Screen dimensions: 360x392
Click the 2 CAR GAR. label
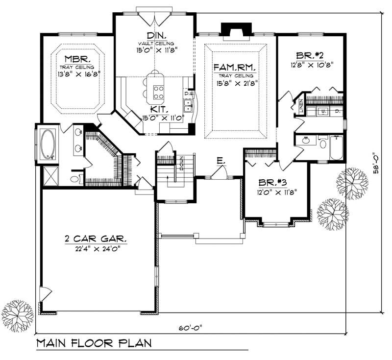(x=96, y=240)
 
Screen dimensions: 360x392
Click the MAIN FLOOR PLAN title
(x=94, y=342)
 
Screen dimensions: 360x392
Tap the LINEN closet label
(x=300, y=106)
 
